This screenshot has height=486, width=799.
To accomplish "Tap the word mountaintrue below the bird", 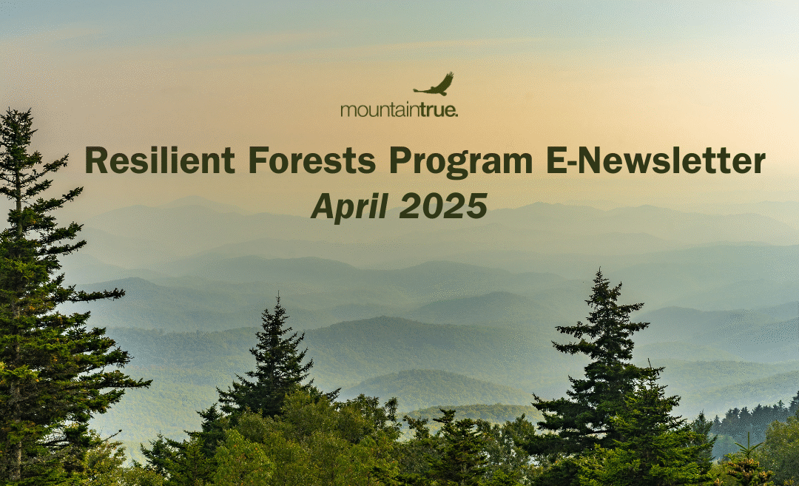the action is tap(399, 109).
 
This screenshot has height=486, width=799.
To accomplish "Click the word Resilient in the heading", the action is tap(160, 160).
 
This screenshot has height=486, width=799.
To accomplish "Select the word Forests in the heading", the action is tap(312, 160).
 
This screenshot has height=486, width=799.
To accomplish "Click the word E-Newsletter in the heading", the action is tap(655, 160).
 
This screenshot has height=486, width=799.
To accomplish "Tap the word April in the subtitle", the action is tap(349, 207).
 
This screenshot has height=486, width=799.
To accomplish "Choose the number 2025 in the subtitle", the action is tap(443, 206).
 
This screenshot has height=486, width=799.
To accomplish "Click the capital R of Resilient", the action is tap(97, 160).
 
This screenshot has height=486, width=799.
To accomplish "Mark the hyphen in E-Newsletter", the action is tap(573, 163).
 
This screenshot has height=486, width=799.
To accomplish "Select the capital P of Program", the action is tap(401, 160).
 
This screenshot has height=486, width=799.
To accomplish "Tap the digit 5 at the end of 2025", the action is tap(477, 206).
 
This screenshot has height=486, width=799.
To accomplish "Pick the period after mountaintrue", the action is tap(456, 115).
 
